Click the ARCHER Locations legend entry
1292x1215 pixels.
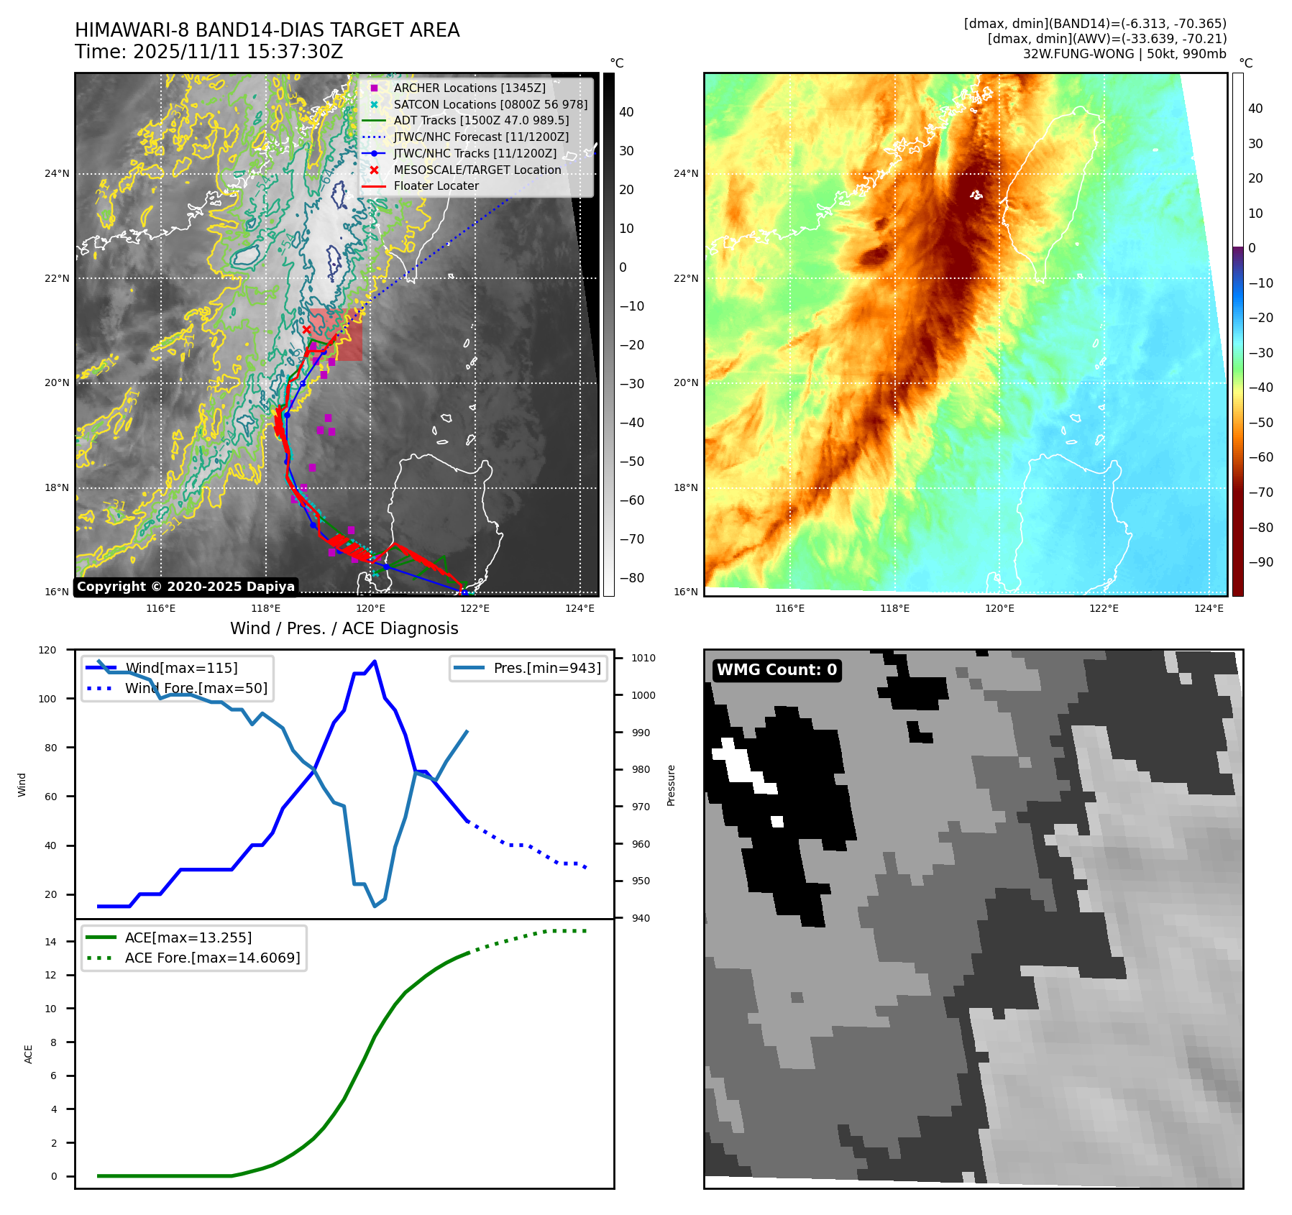tap(469, 88)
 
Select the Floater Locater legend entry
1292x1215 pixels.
tap(436, 185)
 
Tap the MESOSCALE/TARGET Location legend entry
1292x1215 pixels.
tap(477, 170)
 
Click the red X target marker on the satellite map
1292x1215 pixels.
tap(307, 329)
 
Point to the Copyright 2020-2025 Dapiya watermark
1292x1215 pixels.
tap(185, 587)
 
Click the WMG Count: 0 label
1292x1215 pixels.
tap(776, 670)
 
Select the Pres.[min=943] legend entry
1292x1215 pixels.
tap(546, 668)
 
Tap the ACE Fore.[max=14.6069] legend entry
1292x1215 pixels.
tap(212, 958)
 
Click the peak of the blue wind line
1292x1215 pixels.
tap(375, 661)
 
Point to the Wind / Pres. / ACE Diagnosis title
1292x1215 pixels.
tap(344, 628)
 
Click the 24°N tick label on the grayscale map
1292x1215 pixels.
tap(57, 173)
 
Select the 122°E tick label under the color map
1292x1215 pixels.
tap(1104, 608)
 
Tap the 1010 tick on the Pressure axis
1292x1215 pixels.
tap(643, 658)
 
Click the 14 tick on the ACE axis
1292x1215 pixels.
tap(50, 942)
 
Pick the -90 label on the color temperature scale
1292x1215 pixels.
tap(1260, 562)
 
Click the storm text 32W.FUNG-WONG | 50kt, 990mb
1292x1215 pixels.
tap(1124, 54)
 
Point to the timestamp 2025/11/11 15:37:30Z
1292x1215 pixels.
tap(237, 52)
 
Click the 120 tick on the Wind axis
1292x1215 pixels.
tap(47, 650)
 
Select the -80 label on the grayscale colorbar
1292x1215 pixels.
tap(632, 578)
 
